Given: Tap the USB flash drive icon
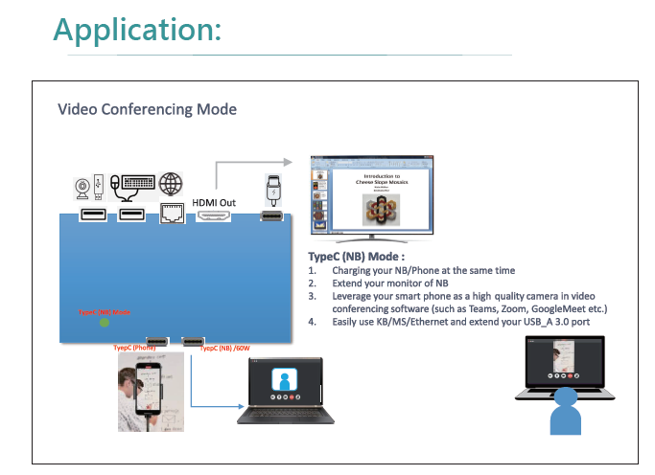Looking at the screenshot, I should (99, 183).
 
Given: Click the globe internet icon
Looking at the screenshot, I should (172, 182).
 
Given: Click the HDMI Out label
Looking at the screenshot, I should (213, 202).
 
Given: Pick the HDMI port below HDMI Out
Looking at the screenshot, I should (213, 216).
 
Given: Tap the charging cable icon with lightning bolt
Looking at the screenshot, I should (271, 189).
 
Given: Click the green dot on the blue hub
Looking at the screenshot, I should (105, 323).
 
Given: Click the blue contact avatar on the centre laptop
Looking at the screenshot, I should (283, 379).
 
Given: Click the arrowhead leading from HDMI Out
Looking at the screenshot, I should (287, 164).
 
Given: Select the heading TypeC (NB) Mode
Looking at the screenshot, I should (356, 258).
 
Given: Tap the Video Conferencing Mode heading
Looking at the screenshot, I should (148, 109).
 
